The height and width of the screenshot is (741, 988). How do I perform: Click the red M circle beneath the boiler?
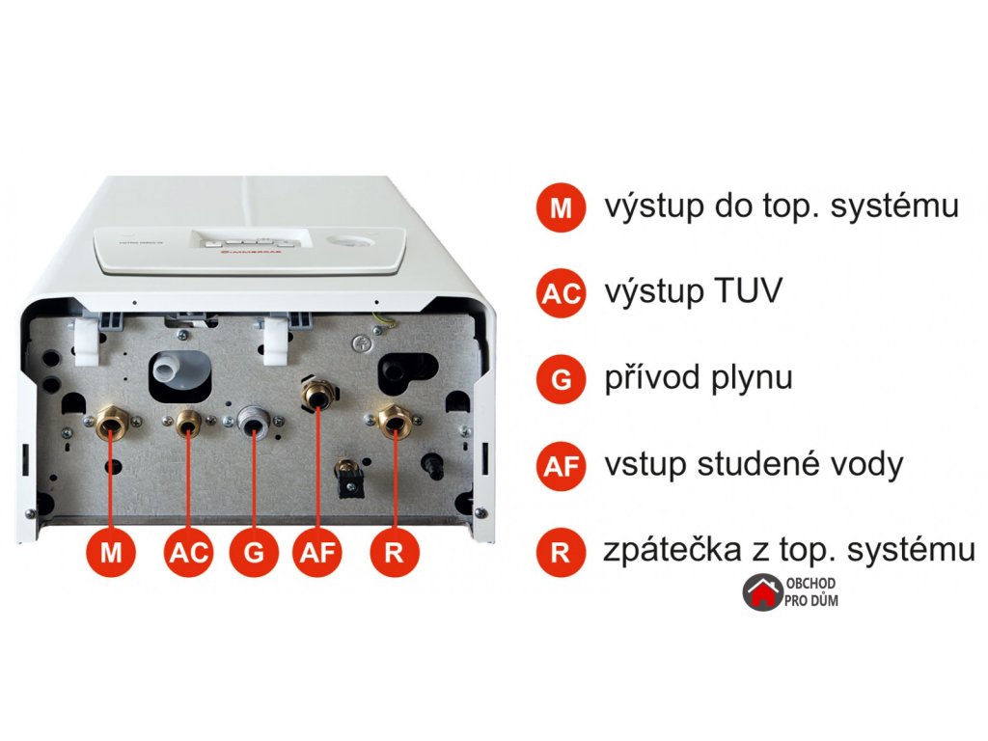[x=112, y=553]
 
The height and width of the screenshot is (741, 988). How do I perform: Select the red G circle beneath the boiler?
[x=254, y=553]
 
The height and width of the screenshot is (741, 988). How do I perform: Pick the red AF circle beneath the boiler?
[x=318, y=553]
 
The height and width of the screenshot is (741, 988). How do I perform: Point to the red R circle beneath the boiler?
[x=394, y=553]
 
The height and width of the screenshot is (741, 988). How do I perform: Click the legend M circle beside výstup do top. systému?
[x=562, y=208]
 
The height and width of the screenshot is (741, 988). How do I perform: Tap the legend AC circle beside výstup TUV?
[x=562, y=294]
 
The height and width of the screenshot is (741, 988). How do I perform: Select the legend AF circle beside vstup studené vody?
[x=562, y=466]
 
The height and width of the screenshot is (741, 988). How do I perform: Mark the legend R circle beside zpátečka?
[x=562, y=553]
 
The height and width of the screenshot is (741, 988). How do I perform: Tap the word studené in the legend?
[x=762, y=464]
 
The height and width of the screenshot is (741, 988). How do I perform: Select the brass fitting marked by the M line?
[x=111, y=423]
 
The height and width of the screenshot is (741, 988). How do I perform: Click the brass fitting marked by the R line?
[x=393, y=420]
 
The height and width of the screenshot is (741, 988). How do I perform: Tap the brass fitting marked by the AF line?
[x=317, y=394]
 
